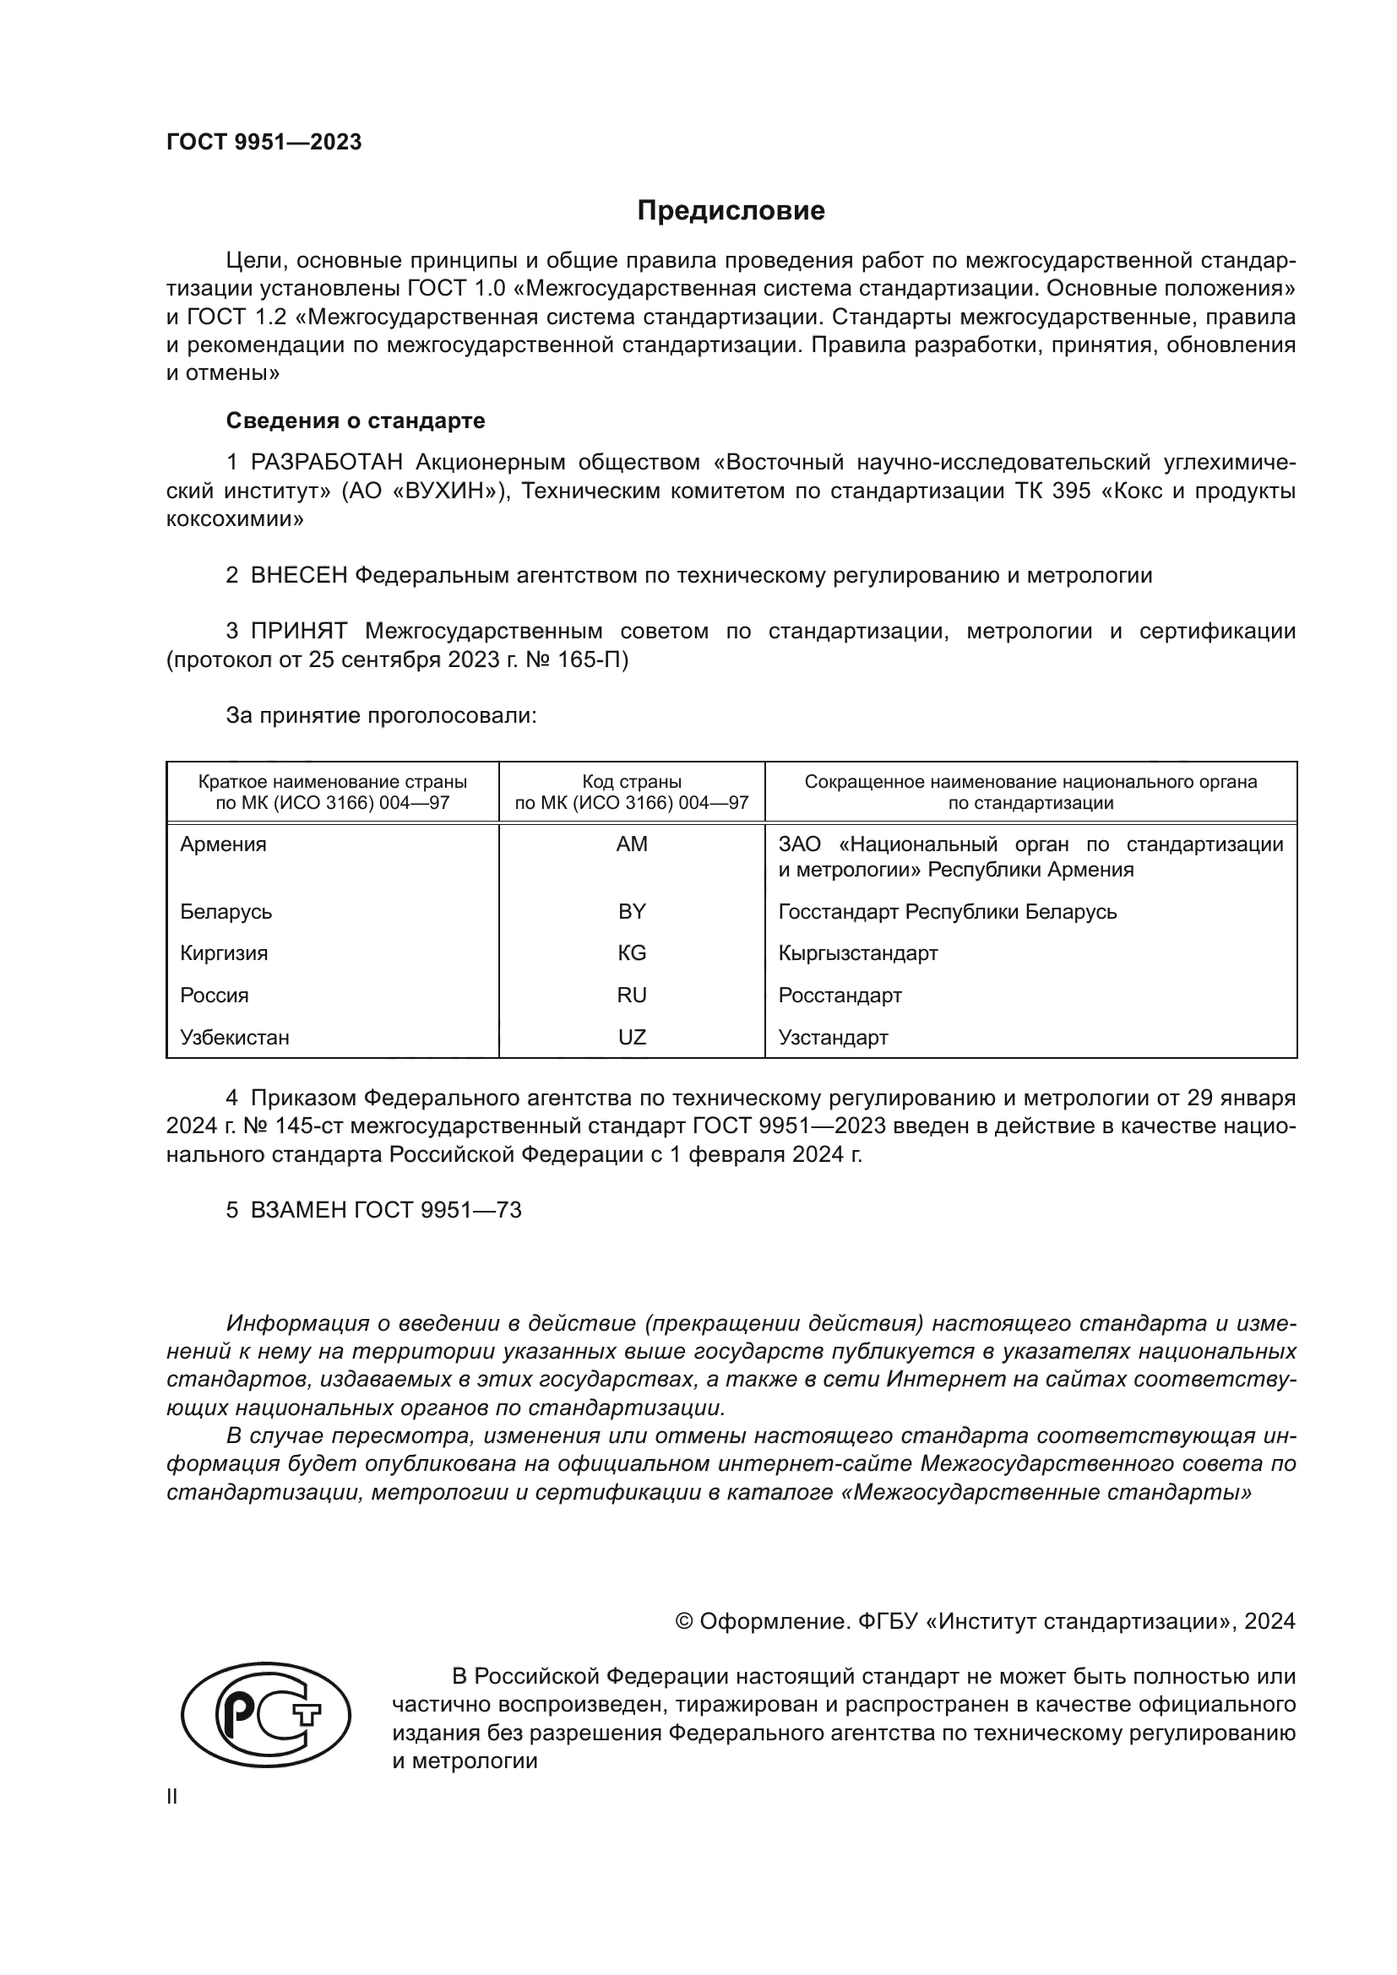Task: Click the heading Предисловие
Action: click(731, 211)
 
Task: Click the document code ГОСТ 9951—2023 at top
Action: click(264, 142)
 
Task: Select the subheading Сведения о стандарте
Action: click(356, 421)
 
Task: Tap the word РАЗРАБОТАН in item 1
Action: click(326, 463)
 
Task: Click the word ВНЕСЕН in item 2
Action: click(298, 576)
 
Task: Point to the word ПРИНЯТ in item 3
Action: click(298, 632)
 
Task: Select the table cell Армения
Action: click(223, 844)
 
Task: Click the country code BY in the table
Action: click(632, 912)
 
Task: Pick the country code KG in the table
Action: click(632, 953)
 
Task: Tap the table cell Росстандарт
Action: click(840, 996)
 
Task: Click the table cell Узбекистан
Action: click(234, 1038)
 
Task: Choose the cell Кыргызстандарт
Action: click(857, 953)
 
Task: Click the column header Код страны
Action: click(632, 782)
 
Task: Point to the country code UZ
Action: click(632, 1038)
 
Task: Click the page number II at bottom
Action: click(172, 1796)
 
